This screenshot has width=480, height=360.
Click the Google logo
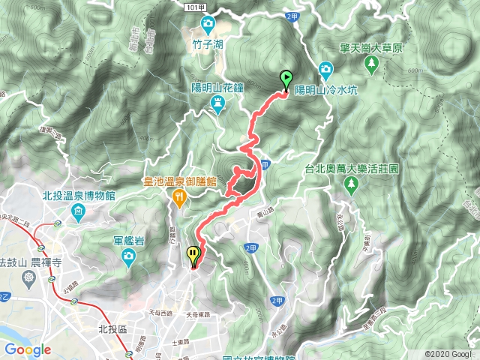coord(28,349)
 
